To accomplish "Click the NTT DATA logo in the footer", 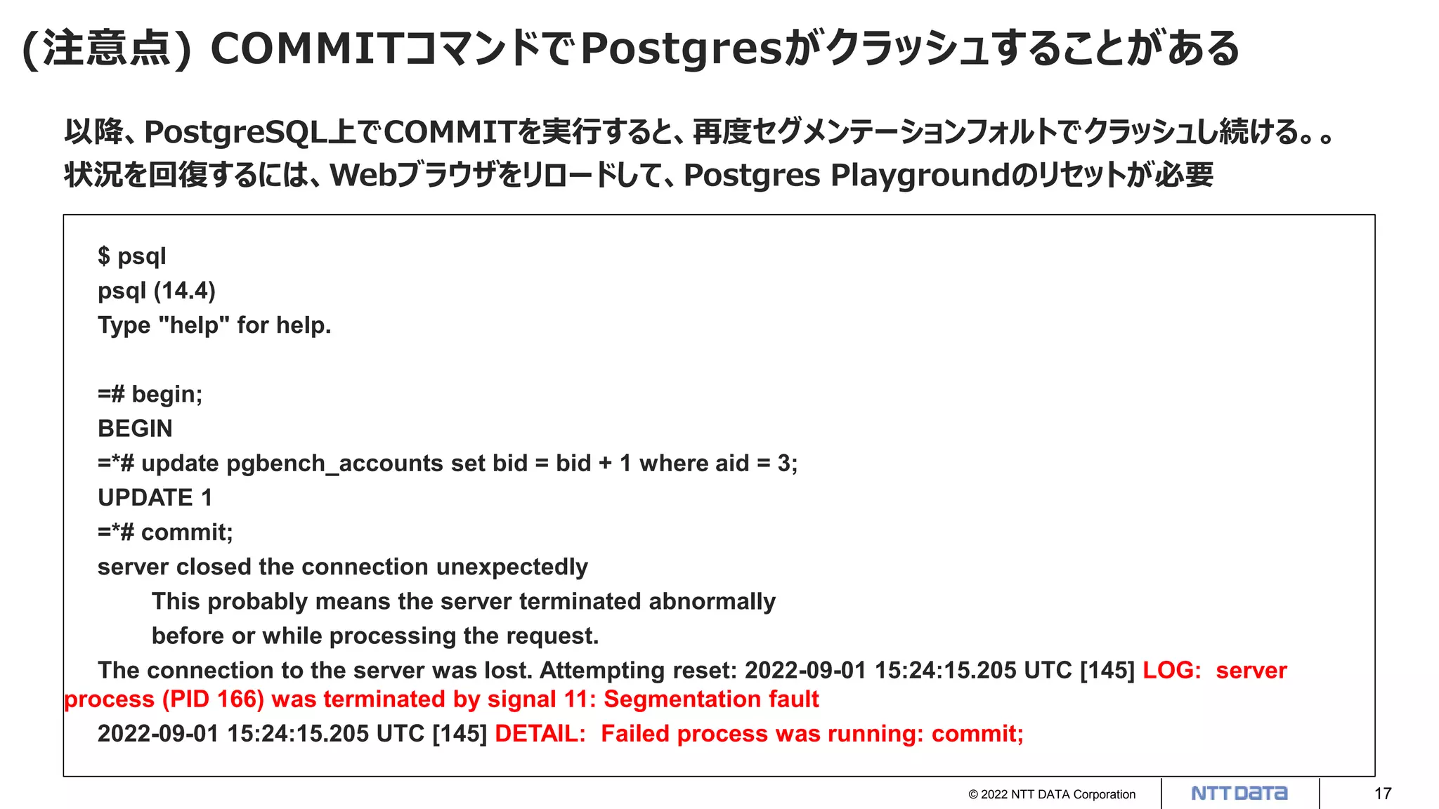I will (x=1239, y=794).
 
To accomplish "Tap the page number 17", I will (x=1383, y=794).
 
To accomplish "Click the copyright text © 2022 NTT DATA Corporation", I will (x=1051, y=794).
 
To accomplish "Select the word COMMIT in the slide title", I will (x=306, y=49).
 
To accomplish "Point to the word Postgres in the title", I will (x=681, y=49).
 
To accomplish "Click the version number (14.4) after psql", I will (x=185, y=291).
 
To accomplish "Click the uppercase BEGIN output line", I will (x=135, y=428).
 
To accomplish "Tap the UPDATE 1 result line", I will (x=155, y=498).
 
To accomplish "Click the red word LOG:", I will (x=1171, y=670).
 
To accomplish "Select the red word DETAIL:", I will (x=540, y=733).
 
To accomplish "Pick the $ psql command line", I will (x=131, y=256).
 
